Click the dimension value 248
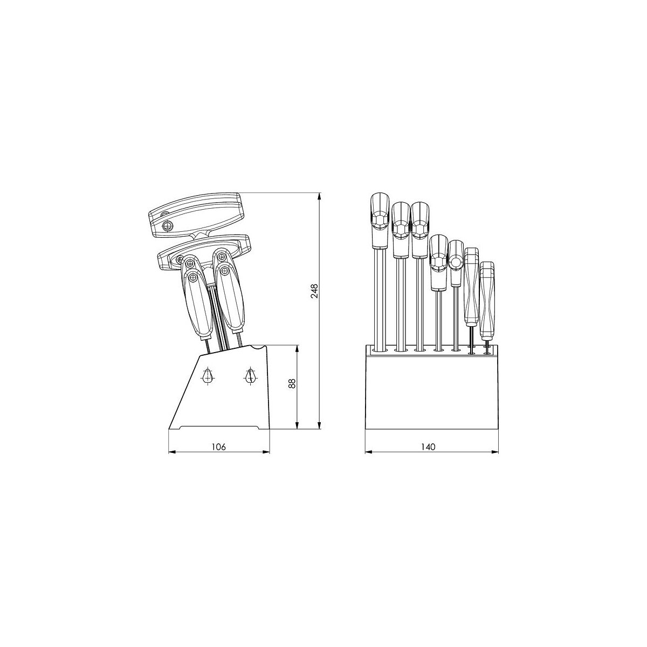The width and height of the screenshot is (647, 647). (314, 291)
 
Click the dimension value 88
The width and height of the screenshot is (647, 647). (292, 383)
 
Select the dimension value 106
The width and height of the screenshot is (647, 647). (218, 446)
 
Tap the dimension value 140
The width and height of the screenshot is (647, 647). (428, 446)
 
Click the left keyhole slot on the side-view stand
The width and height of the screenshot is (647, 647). (208, 376)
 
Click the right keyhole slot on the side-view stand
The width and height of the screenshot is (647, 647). (250, 376)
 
